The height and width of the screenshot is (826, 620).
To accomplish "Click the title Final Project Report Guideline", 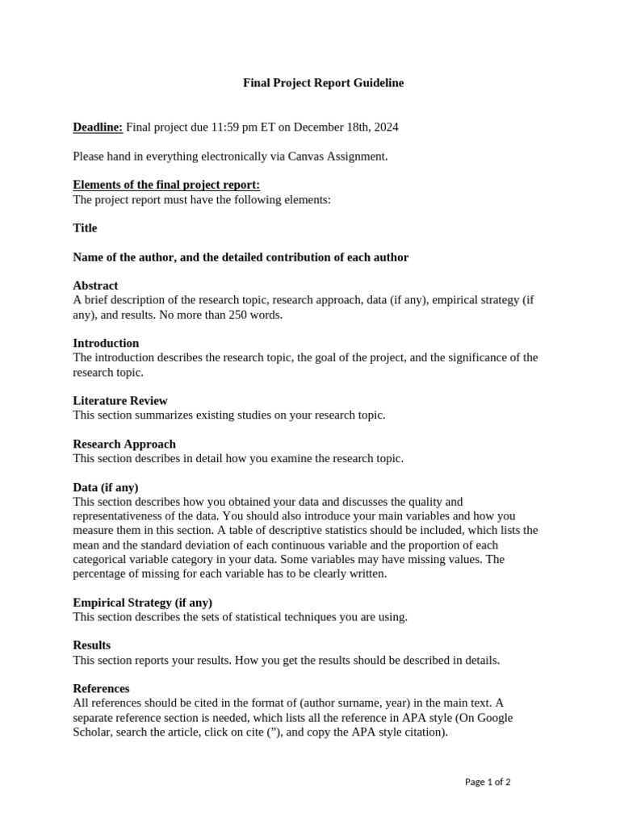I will click(323, 83).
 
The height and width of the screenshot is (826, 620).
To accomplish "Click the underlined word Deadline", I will click(98, 127).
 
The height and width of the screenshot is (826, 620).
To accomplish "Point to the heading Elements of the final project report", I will click(166, 185).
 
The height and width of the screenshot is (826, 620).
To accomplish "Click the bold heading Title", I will click(85, 228).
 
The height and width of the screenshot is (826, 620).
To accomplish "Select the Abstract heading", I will click(95, 286).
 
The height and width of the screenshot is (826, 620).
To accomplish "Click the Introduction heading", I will click(106, 343).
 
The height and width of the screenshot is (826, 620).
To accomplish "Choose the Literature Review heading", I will click(120, 401).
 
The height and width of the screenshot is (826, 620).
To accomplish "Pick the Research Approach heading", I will click(124, 444).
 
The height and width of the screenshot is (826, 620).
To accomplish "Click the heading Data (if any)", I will click(106, 487).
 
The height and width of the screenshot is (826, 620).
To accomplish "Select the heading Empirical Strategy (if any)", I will click(143, 603).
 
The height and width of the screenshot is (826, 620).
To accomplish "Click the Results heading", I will click(92, 645).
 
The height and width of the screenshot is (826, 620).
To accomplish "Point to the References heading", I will click(101, 689).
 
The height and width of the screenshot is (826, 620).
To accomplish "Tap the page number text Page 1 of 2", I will click(488, 782).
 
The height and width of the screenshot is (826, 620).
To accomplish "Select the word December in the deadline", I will click(319, 127).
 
